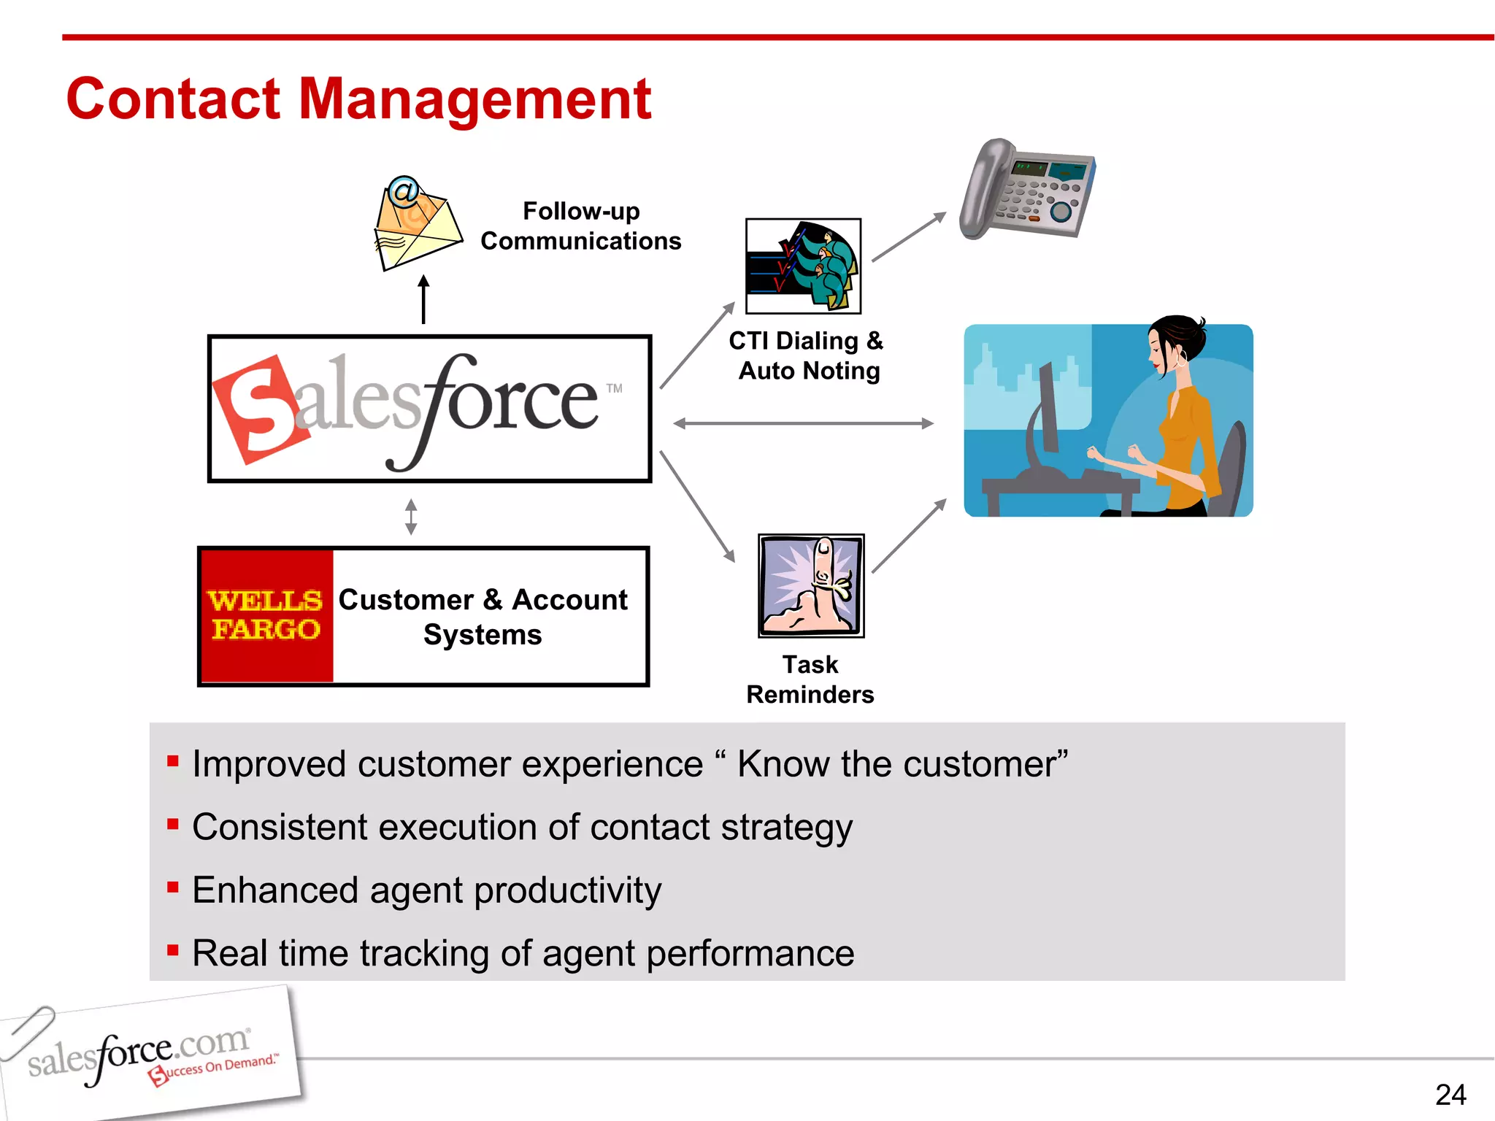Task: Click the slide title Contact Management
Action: click(x=358, y=99)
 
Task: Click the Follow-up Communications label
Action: click(x=581, y=226)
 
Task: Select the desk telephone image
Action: click(x=1026, y=189)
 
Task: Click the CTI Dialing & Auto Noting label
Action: click(x=807, y=356)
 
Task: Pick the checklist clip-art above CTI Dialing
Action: click(x=803, y=266)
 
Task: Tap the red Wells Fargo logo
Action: click(x=266, y=615)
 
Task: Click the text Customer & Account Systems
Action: click(x=483, y=617)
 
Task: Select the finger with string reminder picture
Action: click(x=811, y=585)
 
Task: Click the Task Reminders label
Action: click(x=810, y=679)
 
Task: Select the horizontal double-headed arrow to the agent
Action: click(x=803, y=423)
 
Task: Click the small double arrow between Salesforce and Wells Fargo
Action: click(x=411, y=517)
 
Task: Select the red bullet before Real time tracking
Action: click(x=173, y=950)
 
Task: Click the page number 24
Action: click(x=1450, y=1095)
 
